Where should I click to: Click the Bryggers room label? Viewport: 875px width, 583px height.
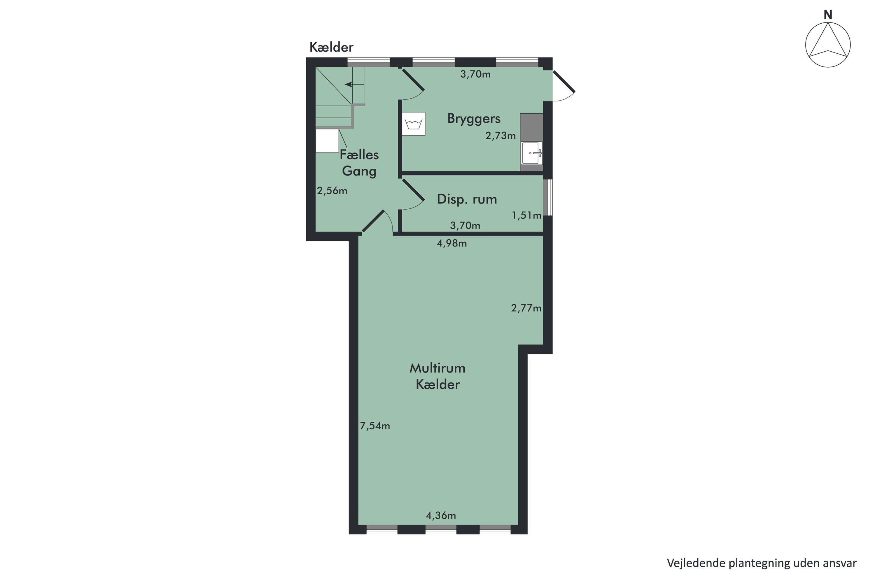tap(474, 119)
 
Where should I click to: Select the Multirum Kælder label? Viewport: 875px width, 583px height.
tap(437, 376)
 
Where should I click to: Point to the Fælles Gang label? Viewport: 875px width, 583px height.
tap(359, 163)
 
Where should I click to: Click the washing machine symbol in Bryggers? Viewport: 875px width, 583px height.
tap(413, 124)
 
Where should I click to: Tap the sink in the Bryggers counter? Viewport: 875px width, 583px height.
tap(532, 153)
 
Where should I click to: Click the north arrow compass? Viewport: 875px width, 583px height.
tap(828, 45)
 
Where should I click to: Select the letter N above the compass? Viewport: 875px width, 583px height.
tap(828, 15)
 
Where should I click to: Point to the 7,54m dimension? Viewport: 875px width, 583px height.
tap(374, 426)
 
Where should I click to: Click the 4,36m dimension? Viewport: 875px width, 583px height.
tap(441, 515)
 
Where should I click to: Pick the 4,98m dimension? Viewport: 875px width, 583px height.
tap(452, 243)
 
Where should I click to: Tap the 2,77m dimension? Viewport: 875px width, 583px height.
tap(526, 308)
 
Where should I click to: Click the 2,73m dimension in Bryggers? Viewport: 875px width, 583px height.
tap(501, 136)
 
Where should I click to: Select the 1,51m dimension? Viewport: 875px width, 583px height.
tap(526, 215)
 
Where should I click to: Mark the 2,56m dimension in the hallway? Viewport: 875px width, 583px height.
tap(332, 191)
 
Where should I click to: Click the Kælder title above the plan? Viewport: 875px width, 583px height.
tap(331, 47)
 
